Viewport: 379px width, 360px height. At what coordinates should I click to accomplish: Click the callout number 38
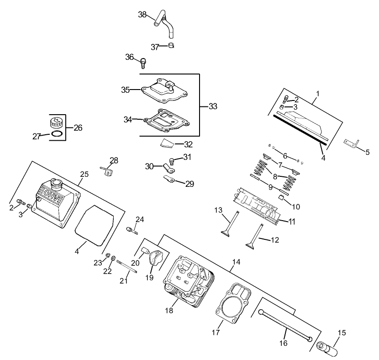(142, 15)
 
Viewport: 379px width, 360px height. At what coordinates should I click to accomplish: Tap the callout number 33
(213, 106)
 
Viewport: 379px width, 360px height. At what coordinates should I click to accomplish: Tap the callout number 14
(236, 262)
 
